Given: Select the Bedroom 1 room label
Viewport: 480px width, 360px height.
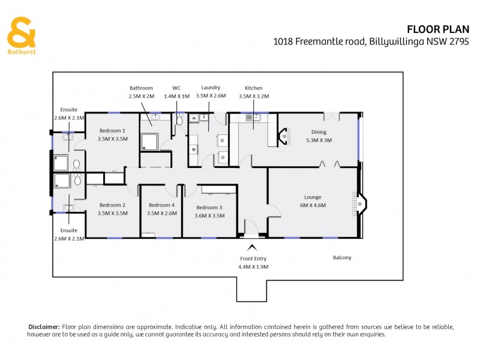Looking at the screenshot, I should pos(112,134).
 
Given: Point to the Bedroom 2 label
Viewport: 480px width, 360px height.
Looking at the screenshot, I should pos(112,209).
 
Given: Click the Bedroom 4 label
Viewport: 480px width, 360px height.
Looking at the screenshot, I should pos(161,209).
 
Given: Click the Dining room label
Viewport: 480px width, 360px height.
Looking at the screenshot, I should pos(318,136).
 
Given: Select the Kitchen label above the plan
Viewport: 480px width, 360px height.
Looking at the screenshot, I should pos(253,92).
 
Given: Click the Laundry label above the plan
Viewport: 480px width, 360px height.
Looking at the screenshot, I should pos(211,91).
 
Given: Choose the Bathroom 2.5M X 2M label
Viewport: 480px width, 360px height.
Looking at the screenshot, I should pos(141,92).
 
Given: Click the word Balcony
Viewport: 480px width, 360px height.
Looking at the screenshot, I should pos(342,258).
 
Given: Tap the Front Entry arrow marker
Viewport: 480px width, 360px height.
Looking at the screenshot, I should pos(252,246).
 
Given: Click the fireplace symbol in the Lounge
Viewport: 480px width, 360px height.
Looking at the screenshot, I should pos(359,204).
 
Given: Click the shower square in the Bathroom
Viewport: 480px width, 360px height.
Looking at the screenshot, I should pos(148,142).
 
